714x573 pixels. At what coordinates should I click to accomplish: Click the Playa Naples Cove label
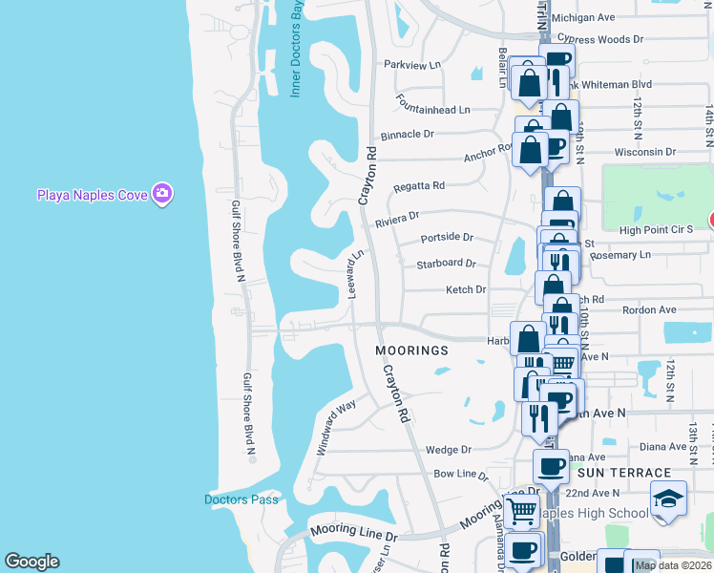coord(92,195)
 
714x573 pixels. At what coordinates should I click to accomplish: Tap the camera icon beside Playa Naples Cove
coord(162,194)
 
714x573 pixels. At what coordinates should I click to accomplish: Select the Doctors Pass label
coord(241,499)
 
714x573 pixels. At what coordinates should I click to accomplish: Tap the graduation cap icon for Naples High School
coord(668,499)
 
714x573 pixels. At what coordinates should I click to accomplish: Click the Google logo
coord(31,562)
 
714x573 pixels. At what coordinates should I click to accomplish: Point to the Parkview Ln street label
coord(412,65)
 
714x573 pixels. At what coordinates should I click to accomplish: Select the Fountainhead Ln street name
coord(434,110)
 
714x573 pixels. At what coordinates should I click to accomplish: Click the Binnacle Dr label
coord(408,135)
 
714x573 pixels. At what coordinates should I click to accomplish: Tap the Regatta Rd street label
coord(419,185)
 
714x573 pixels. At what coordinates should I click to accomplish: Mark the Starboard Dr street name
coord(446,263)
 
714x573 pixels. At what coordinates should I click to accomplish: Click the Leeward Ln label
coord(355,274)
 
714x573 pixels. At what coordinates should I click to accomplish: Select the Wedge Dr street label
coord(449,449)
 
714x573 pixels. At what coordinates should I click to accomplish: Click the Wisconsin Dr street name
coord(645,152)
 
